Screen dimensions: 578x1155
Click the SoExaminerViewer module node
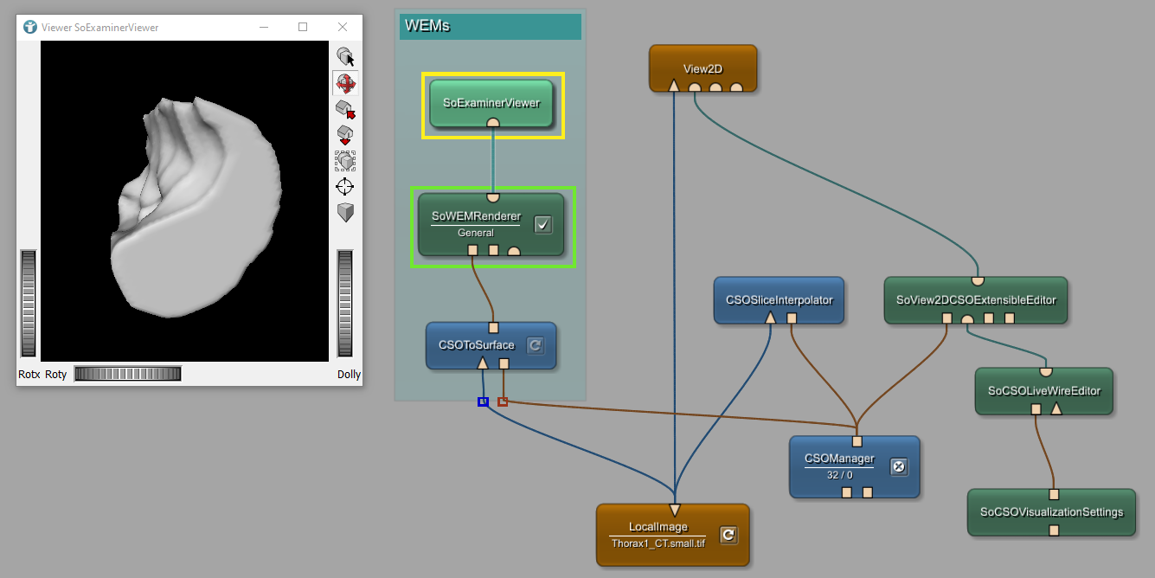pos(491,103)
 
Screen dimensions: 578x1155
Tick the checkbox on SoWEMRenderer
pos(542,225)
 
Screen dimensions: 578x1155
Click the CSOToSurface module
pos(476,345)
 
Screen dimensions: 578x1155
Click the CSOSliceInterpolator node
pos(779,300)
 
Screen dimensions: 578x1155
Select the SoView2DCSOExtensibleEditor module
pos(975,300)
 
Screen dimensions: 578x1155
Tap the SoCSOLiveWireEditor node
pos(1043,390)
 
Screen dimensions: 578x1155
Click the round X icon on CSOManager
pos(898,466)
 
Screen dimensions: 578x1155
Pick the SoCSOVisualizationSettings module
pos(1051,511)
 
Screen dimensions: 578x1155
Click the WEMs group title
pos(427,26)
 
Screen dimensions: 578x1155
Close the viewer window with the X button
pos(343,27)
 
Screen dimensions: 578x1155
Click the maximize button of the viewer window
pos(303,27)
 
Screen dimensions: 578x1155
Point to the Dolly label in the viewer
pos(349,375)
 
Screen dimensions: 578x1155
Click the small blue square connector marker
pos(483,401)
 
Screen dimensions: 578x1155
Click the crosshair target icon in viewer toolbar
pos(345,186)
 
